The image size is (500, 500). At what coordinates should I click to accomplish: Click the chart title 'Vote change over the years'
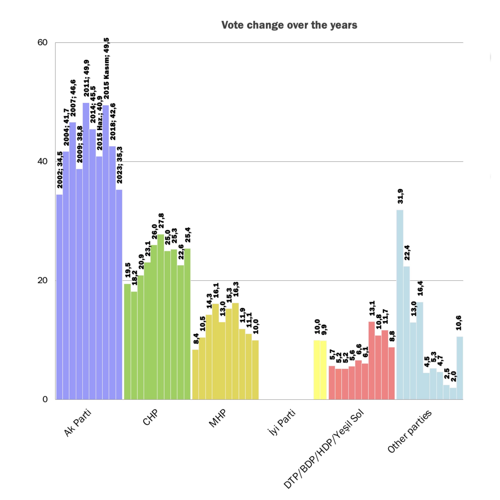289,25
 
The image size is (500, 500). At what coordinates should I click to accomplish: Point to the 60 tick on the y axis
43,42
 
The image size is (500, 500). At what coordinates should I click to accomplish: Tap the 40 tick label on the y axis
43,161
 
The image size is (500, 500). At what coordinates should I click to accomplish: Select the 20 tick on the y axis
43,280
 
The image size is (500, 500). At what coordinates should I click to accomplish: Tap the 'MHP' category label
217,418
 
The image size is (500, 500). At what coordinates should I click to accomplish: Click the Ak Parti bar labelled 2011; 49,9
86,251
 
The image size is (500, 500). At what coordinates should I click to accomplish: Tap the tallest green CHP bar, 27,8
161,317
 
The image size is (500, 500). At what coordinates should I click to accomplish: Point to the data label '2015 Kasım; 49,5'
106,68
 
